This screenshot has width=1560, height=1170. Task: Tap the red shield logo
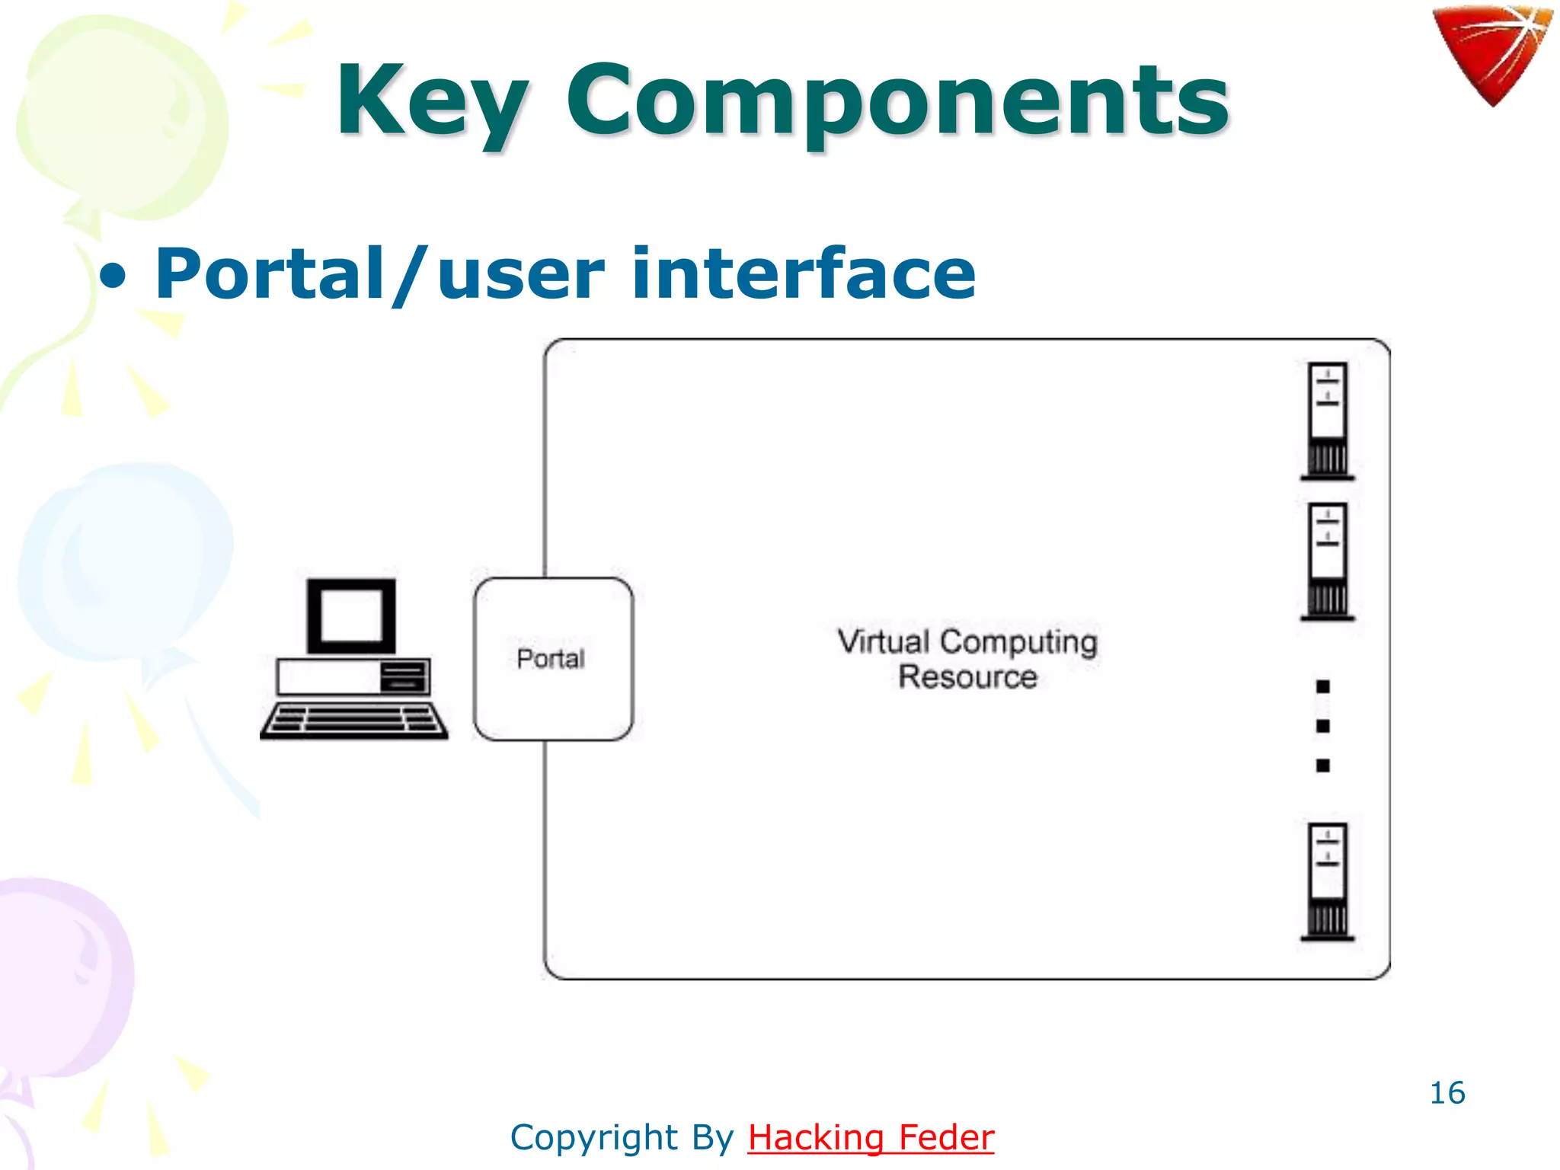point(1491,53)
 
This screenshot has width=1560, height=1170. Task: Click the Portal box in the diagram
point(553,659)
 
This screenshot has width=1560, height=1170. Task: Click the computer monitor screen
point(351,615)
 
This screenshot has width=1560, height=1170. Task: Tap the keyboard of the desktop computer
point(354,720)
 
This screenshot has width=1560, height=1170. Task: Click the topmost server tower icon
point(1327,420)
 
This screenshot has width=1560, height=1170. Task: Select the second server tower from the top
point(1327,561)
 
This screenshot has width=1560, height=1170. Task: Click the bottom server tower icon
point(1327,881)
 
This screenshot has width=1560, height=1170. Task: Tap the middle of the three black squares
point(1323,726)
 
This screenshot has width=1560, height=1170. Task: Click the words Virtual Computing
point(967,641)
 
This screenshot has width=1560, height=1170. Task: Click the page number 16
point(1447,1093)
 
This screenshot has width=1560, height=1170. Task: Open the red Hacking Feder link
point(871,1138)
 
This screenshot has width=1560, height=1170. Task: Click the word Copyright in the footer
point(594,1138)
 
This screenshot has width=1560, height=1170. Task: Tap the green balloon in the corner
point(122,114)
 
